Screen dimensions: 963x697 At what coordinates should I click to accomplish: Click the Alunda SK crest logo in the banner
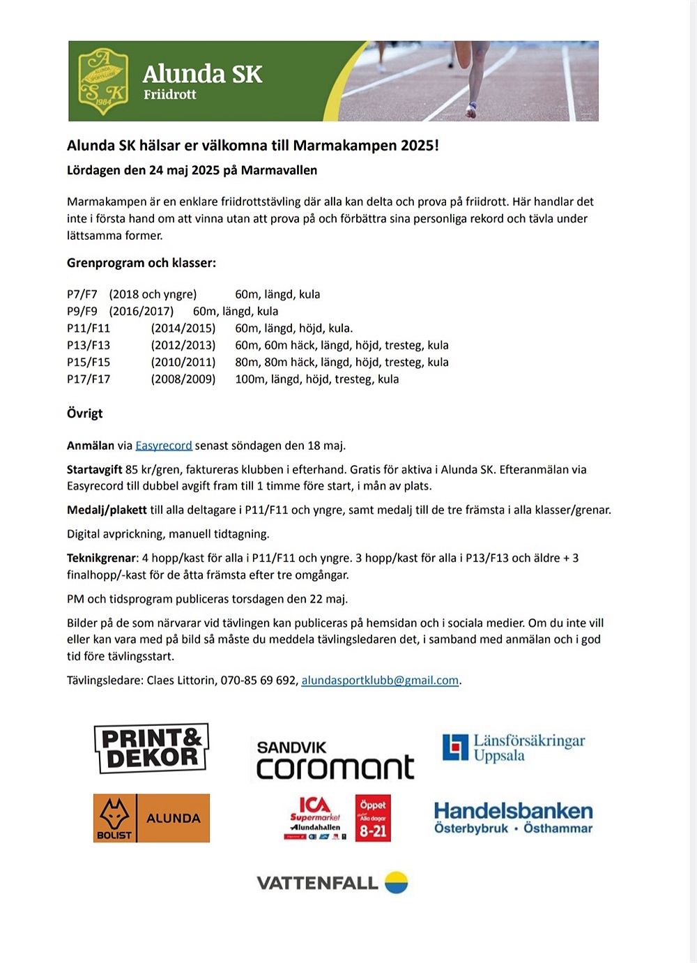coord(103,81)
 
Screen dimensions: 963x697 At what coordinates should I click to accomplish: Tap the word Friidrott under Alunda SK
coord(169,95)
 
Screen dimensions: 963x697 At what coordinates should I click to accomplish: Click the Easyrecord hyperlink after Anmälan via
coord(164,446)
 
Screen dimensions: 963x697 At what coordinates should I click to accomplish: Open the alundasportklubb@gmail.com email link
coord(380,681)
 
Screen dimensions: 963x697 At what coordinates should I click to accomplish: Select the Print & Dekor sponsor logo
coord(151,748)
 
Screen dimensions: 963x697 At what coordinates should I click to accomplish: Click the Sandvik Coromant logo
coord(335,759)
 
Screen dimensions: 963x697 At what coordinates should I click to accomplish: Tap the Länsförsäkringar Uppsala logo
coord(514,748)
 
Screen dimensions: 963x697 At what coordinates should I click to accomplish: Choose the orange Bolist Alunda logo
coord(151,818)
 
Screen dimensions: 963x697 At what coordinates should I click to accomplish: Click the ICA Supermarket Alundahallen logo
coord(316,818)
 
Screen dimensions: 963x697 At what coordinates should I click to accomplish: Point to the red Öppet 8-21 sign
coord(373,818)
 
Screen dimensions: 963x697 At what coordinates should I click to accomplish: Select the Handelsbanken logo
coord(513,817)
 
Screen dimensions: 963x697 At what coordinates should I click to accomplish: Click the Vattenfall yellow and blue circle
coord(397,882)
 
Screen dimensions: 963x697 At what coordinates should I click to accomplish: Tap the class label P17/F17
coord(89,379)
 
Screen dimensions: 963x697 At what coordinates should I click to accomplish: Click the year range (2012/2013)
coord(183,345)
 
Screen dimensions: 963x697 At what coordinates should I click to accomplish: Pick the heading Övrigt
coord(84,414)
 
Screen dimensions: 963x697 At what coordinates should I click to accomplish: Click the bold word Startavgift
coord(95,470)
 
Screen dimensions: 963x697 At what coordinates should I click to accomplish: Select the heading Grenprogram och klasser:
coord(141,264)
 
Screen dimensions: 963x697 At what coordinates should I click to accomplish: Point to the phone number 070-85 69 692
coord(259,681)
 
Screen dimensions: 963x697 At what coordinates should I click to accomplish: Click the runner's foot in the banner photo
coord(471,109)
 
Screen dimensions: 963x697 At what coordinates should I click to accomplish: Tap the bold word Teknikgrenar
coord(102,558)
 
